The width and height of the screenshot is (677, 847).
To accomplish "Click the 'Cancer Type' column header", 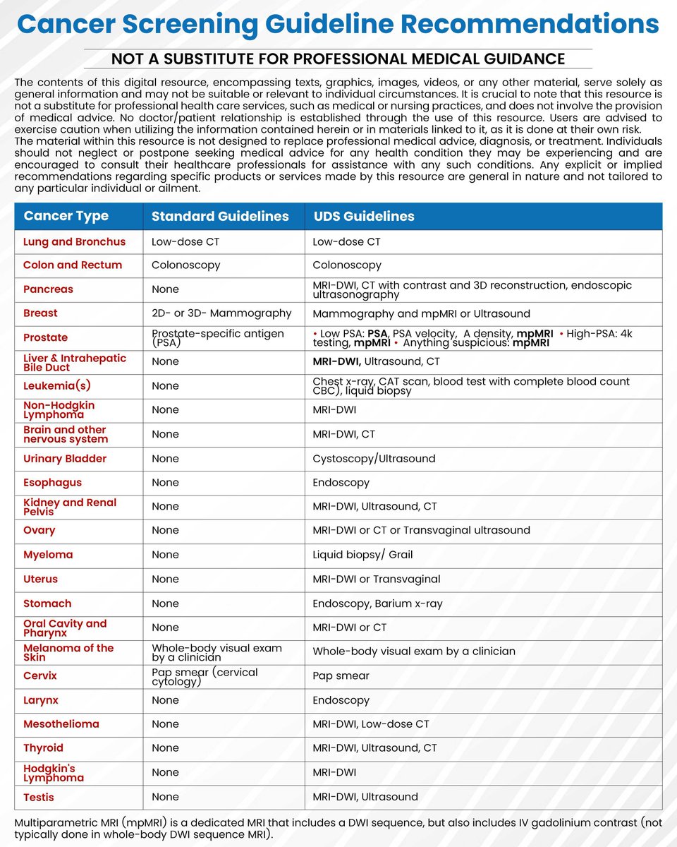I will pyautogui.click(x=66, y=216).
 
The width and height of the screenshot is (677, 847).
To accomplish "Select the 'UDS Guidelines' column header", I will pyautogui.click(x=364, y=217).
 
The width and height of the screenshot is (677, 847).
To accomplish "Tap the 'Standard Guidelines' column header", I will pyautogui.click(x=220, y=217).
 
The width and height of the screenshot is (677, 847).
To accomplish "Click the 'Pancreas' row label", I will pyautogui.click(x=48, y=289).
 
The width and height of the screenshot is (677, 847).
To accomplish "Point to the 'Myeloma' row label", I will pyautogui.click(x=48, y=555).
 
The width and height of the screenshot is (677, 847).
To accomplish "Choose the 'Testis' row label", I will pyautogui.click(x=39, y=797).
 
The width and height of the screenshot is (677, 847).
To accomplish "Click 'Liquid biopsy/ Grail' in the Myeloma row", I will pyautogui.click(x=363, y=555).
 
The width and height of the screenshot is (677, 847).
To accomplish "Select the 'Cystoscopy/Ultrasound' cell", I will pyautogui.click(x=374, y=459).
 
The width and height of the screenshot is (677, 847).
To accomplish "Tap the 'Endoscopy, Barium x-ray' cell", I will pyautogui.click(x=378, y=603).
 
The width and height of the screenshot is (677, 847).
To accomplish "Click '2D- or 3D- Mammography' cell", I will pyautogui.click(x=221, y=313).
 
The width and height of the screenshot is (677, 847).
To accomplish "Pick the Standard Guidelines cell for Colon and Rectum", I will pyautogui.click(x=186, y=265).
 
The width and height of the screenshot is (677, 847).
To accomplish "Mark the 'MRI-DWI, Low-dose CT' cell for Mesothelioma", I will pyautogui.click(x=371, y=724).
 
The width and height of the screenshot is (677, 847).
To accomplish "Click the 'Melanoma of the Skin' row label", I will pyautogui.click(x=68, y=652).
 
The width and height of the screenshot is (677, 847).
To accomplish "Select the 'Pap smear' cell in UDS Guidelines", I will pyautogui.click(x=341, y=676).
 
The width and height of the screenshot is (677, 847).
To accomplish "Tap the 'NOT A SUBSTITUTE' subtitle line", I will pyautogui.click(x=338, y=59).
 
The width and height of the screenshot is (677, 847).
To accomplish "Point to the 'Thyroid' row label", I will pyautogui.click(x=43, y=748).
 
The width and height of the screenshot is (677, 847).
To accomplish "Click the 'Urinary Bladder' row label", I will pyautogui.click(x=65, y=459).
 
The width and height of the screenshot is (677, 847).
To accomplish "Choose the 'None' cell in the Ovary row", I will pyautogui.click(x=165, y=531).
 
